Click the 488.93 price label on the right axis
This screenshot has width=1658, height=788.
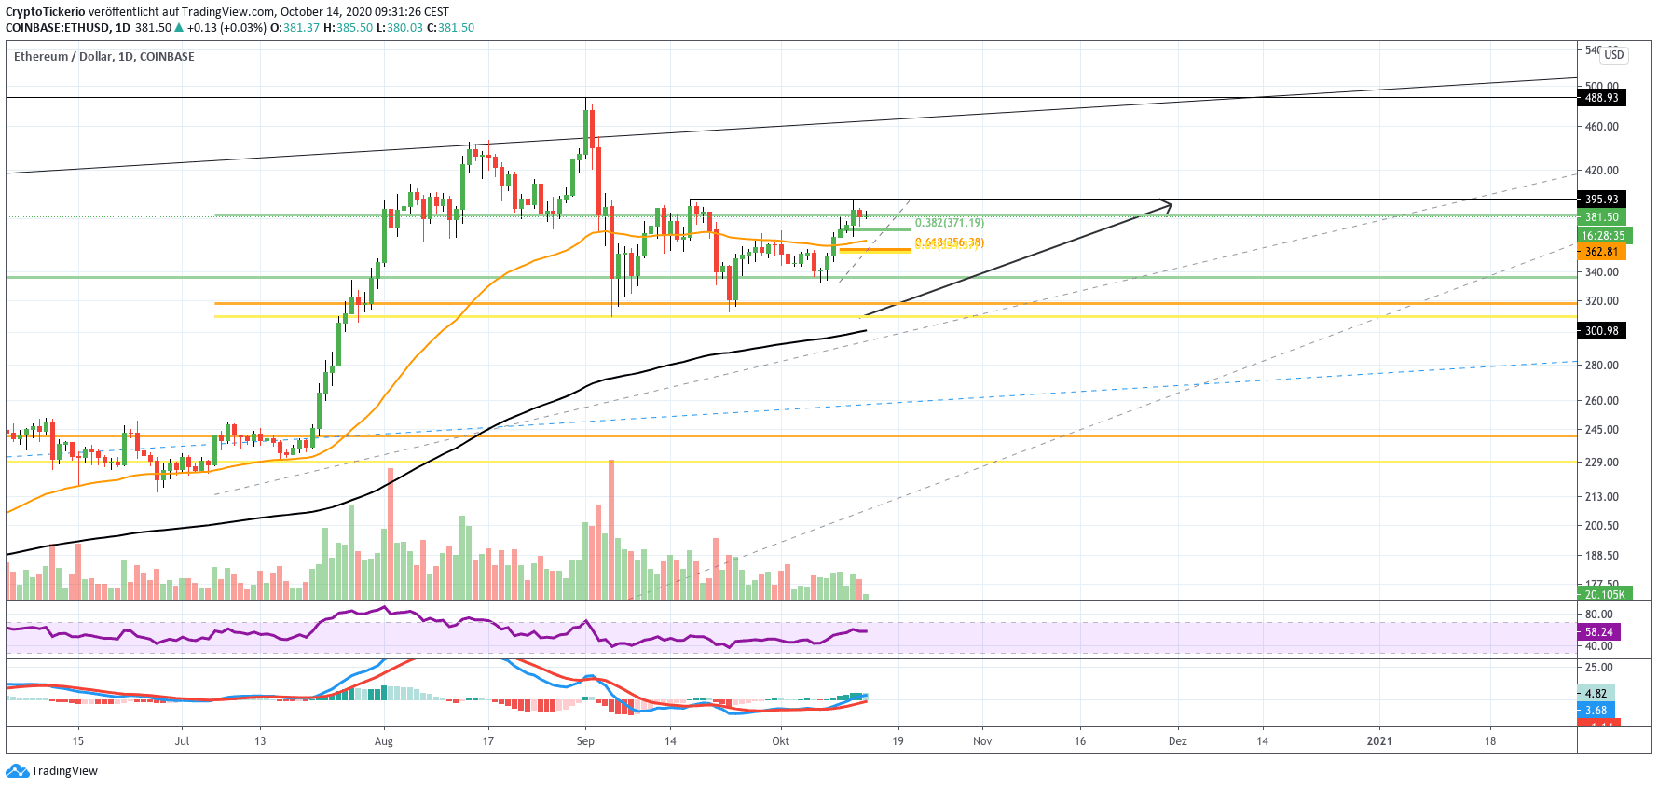[1601, 98]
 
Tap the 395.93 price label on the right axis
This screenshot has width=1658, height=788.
[1601, 200]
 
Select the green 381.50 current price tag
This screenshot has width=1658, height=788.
[1601, 217]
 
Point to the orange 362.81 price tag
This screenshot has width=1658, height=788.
[1601, 252]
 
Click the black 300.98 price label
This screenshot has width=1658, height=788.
[1601, 331]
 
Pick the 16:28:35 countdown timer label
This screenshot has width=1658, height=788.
[1602, 236]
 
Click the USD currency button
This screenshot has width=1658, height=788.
[1613, 55]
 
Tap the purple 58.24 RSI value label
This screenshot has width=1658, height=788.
[1598, 632]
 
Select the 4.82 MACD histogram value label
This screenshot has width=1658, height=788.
[1596, 694]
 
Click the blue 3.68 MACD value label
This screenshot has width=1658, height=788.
[1596, 711]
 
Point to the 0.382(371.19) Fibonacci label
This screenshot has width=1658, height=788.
[949, 223]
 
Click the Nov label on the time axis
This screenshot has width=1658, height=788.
[982, 741]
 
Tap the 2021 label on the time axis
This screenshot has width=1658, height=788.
[1378, 741]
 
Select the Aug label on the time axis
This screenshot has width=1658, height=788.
[383, 741]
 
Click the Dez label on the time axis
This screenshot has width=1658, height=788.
[1177, 741]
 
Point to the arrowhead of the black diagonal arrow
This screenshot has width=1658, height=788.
[1167, 204]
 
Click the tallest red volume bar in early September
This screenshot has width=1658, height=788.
[611, 528]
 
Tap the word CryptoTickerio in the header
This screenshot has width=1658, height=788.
[45, 12]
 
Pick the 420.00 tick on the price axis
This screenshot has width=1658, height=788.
[1601, 171]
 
